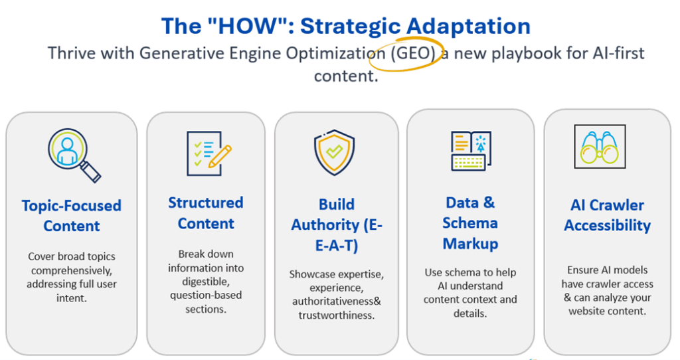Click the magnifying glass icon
pos(74,155)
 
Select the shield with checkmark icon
pos(335,152)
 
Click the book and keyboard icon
pos(471,151)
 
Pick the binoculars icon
pos(600,147)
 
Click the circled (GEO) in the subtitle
pos(413,53)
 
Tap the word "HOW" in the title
pos(248,26)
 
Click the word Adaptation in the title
pos(468,27)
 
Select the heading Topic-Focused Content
pos(72,216)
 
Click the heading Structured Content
pos(206,213)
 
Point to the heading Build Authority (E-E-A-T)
pos(337,225)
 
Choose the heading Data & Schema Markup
pos(471,223)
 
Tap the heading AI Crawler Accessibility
pos(607,215)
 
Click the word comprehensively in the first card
pos(72,270)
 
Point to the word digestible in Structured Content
pos(206,282)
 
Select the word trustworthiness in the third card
pos(337,315)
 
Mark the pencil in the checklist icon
pos(220,156)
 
